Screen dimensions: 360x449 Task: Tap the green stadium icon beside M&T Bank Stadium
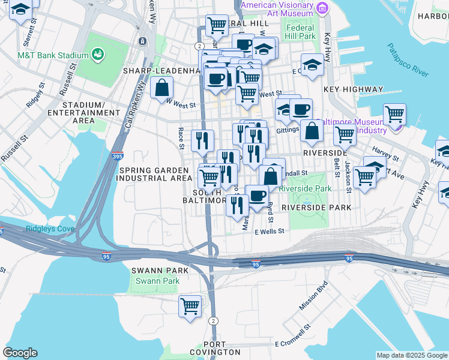pyautogui.click(x=97, y=55)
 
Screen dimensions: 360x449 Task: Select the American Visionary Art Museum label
pyautogui.click(x=277, y=9)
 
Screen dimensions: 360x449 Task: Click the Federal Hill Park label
pyautogui.click(x=300, y=32)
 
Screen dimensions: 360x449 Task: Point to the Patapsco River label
pyautogui.click(x=407, y=59)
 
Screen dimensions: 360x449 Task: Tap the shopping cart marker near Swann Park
pyautogui.click(x=190, y=305)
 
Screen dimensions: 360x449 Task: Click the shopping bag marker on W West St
pyautogui.click(x=162, y=88)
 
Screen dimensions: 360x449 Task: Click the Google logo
pyautogui.click(x=20, y=353)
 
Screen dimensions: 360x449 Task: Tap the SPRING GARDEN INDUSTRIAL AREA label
pyautogui.click(x=154, y=174)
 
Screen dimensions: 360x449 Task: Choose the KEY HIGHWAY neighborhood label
pyautogui.click(x=353, y=89)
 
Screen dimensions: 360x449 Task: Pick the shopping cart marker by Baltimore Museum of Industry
pyautogui.click(x=394, y=114)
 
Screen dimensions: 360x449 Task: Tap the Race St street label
pyautogui.click(x=181, y=137)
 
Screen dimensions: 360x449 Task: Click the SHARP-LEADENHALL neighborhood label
pyautogui.click(x=160, y=70)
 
